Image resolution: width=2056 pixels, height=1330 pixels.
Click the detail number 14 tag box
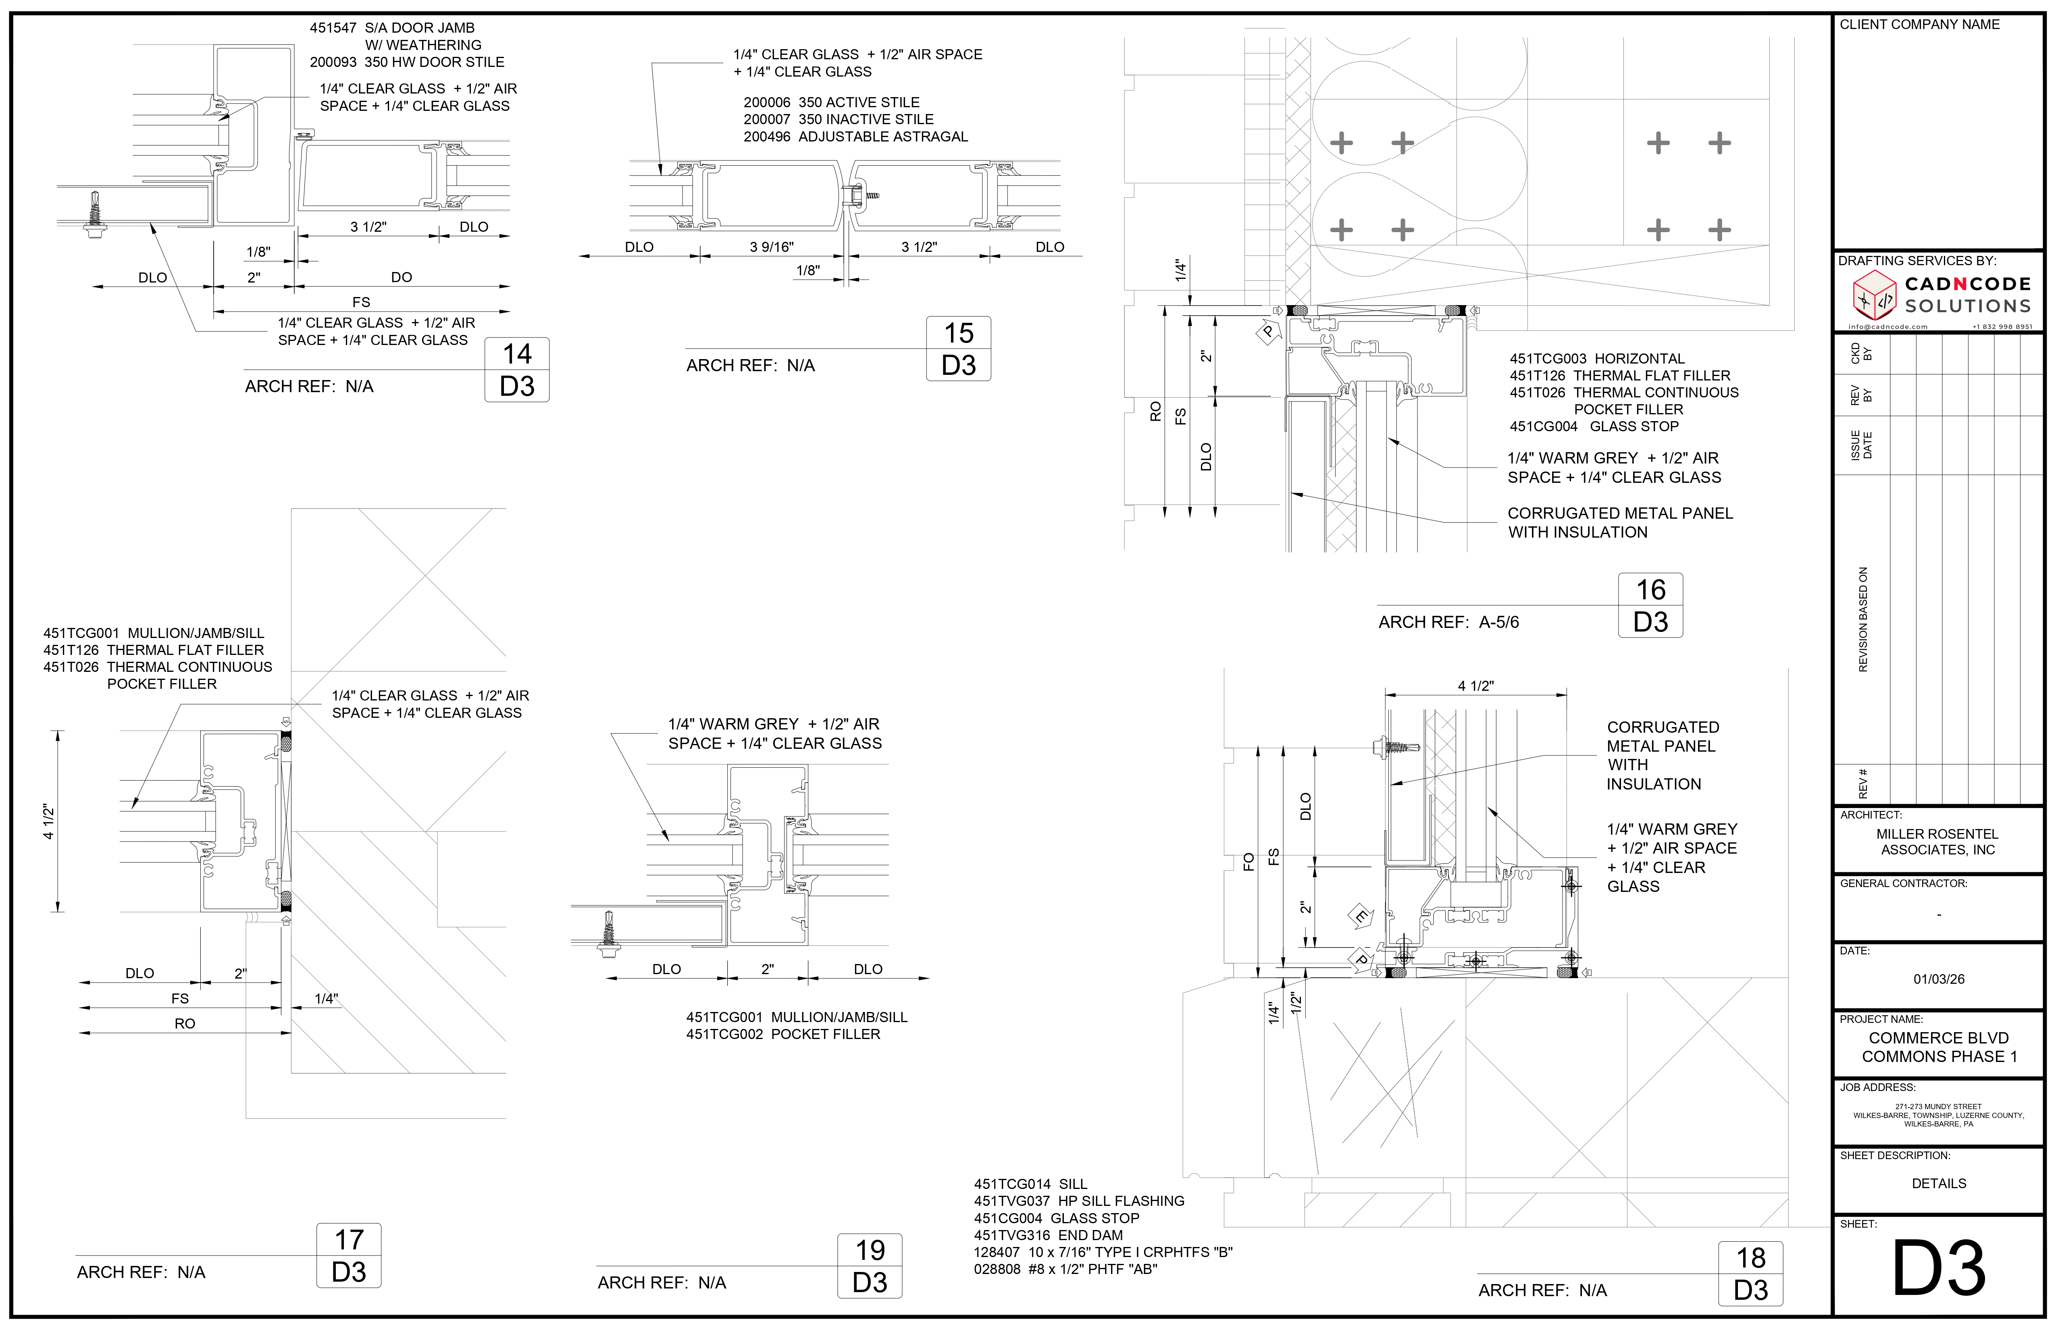click(x=516, y=370)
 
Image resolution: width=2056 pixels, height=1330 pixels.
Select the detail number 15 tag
click(x=958, y=349)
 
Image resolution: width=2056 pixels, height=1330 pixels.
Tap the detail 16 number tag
click(x=1650, y=605)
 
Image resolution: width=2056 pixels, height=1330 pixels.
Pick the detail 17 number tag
click(x=349, y=1256)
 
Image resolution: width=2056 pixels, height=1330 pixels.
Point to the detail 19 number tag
click(x=870, y=1266)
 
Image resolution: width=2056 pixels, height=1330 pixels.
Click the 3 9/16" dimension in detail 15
click(x=772, y=247)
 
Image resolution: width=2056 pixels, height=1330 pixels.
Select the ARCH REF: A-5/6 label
click(x=1449, y=622)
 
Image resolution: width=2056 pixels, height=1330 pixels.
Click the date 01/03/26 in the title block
click(x=1939, y=979)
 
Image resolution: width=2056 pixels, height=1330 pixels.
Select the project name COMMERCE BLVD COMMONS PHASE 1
click(x=1939, y=1047)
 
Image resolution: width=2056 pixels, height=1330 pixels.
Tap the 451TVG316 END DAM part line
click(x=1048, y=1235)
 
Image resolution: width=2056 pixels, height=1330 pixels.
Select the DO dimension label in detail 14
click(x=402, y=277)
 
